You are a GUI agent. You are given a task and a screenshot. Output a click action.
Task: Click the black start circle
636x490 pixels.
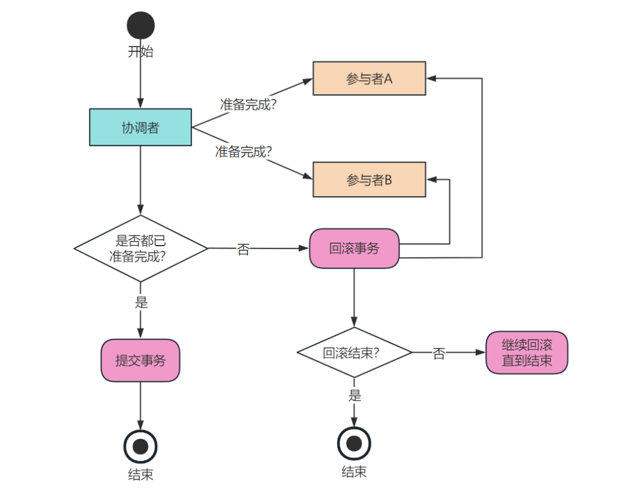pos(141,25)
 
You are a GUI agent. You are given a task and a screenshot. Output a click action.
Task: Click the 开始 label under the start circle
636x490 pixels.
pos(141,51)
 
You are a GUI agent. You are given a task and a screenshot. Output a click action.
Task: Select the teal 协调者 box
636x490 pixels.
pos(140,127)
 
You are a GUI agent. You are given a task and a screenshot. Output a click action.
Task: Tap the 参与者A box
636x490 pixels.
pos(369,78)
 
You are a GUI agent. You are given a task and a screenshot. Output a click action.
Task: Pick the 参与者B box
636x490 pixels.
pos(369,179)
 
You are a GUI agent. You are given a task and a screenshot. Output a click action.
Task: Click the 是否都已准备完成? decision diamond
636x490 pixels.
pos(140,249)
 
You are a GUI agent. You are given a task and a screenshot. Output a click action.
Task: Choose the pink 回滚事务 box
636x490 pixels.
pos(354,249)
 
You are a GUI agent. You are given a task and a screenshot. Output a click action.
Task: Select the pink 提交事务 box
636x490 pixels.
pos(140,360)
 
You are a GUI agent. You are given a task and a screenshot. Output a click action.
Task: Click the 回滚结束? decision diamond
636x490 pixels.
pos(354,353)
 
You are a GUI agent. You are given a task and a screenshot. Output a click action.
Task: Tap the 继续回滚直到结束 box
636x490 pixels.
pos(526,353)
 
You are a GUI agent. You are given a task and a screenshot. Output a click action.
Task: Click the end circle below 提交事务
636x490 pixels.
pos(140,446)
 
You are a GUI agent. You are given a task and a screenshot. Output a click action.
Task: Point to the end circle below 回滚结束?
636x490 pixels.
pos(354,443)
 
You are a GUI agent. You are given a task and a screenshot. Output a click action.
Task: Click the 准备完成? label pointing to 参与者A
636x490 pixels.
pos(248,104)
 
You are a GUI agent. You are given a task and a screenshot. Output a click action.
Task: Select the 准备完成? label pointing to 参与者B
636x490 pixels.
pos(243,151)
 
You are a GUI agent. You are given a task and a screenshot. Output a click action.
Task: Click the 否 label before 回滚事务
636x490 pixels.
pos(243,249)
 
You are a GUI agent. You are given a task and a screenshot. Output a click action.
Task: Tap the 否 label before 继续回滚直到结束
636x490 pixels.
pos(439,353)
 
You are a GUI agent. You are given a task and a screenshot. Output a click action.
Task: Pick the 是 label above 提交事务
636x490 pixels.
pos(141,302)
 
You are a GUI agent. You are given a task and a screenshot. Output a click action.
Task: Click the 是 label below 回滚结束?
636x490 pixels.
pos(355,395)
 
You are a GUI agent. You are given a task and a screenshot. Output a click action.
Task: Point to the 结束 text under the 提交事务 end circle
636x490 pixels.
pos(140,474)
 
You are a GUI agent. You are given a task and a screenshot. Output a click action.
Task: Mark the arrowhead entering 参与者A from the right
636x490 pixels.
pos(430,78)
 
